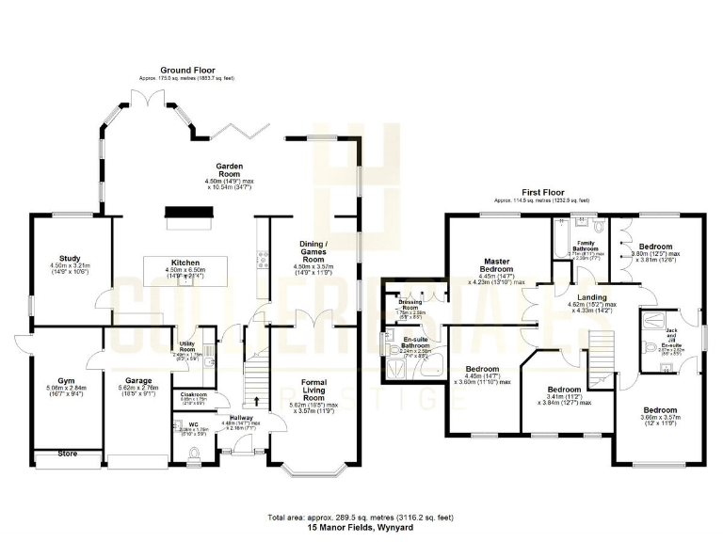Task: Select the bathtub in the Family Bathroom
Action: [572, 226]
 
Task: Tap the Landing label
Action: [591, 296]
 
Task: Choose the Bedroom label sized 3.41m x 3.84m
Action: [564, 389]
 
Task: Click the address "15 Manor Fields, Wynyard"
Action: [361, 530]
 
